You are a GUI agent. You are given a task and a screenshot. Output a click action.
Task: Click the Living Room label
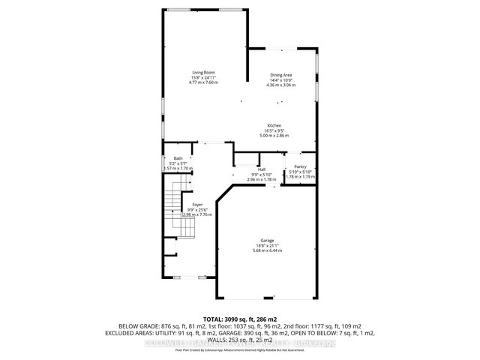pyautogui.click(x=203, y=72)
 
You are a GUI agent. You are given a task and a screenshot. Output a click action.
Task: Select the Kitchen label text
pyautogui.click(x=274, y=125)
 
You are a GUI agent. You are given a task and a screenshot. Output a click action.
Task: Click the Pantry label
pyautogui.click(x=300, y=167)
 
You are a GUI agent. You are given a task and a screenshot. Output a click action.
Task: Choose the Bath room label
pyautogui.click(x=178, y=158)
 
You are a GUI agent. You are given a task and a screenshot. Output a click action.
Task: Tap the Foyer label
pyautogui.click(x=197, y=205)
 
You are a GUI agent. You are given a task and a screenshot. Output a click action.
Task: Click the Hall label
pyautogui.click(x=262, y=170)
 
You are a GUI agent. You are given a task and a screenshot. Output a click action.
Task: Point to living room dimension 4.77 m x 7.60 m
pyautogui.click(x=203, y=82)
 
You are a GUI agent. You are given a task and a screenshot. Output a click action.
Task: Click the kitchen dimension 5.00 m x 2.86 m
pyautogui.click(x=274, y=136)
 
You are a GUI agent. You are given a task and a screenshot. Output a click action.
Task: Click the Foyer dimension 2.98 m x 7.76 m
pyautogui.click(x=197, y=214)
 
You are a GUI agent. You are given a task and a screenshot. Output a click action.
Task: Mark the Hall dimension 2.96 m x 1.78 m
pyautogui.click(x=262, y=180)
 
